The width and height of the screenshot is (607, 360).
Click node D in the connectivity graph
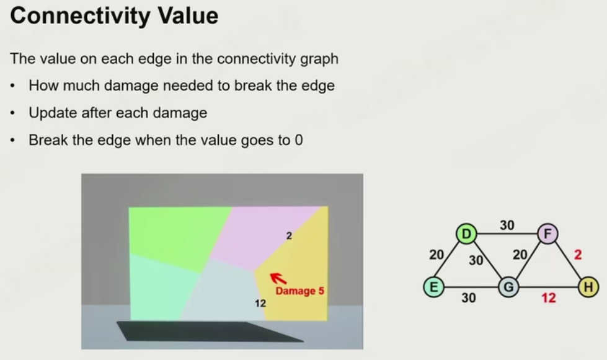pyautogui.click(x=466, y=234)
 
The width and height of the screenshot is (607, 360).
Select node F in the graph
pyautogui.click(x=547, y=234)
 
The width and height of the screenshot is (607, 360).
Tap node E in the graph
pyautogui.click(x=433, y=287)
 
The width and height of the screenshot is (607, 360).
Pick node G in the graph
pyautogui.click(x=508, y=287)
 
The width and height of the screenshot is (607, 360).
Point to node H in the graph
pyautogui.click(x=588, y=287)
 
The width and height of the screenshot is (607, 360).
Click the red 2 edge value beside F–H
pyautogui.click(x=578, y=255)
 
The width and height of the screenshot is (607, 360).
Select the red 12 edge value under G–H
pyautogui.click(x=549, y=298)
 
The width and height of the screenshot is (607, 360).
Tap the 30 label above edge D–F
pyautogui.click(x=507, y=225)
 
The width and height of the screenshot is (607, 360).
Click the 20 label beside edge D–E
pyautogui.click(x=436, y=255)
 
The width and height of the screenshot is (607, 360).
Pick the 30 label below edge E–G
pyautogui.click(x=468, y=298)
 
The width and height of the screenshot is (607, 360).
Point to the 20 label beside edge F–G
pyautogui.click(x=520, y=255)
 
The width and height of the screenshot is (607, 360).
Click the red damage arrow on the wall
pyautogui.click(x=278, y=278)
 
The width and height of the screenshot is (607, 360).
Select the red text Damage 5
pyautogui.click(x=299, y=291)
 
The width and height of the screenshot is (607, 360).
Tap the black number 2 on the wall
pyautogui.click(x=289, y=235)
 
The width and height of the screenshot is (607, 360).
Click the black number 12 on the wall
pyautogui.click(x=260, y=303)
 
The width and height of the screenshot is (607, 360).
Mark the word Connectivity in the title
pyautogui.click(x=81, y=15)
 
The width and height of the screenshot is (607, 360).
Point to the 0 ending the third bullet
pyautogui.click(x=298, y=140)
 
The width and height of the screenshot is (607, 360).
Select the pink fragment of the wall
pyautogui.click(x=264, y=236)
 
